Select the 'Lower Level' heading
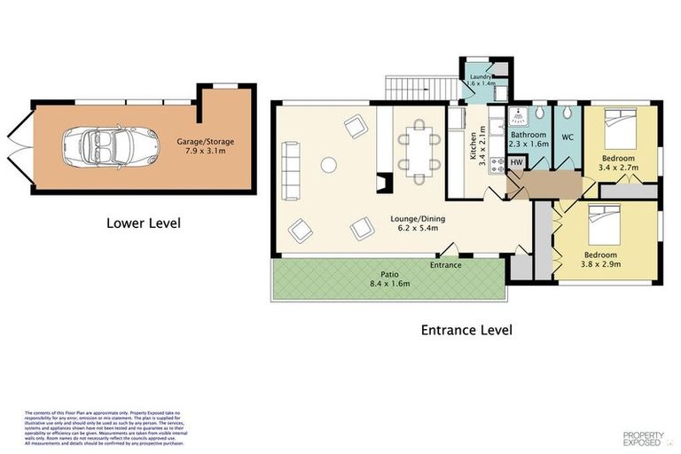pyautogui.click(x=143, y=223)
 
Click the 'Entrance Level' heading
pyautogui.click(x=466, y=330)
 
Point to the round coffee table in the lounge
pyautogui.click(x=328, y=163)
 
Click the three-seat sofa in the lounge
pyautogui.click(x=288, y=168)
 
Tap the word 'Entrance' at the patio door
pyautogui.click(x=445, y=264)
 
